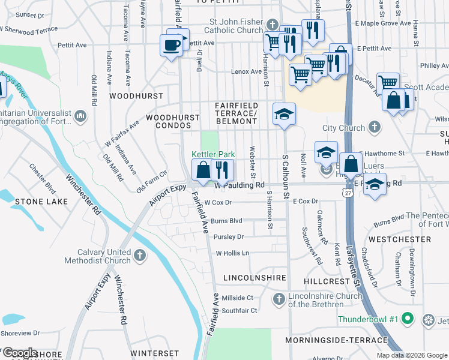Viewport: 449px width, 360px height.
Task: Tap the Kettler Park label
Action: (212, 154)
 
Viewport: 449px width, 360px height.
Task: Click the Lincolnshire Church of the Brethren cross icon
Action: (279, 299)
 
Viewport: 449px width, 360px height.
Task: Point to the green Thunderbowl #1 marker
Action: (407, 318)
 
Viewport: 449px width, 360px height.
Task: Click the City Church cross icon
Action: (375, 127)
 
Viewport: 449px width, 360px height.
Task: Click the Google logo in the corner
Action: (20, 352)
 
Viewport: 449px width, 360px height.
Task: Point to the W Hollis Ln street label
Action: (232, 253)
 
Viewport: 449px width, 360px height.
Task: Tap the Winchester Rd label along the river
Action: (83, 194)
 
